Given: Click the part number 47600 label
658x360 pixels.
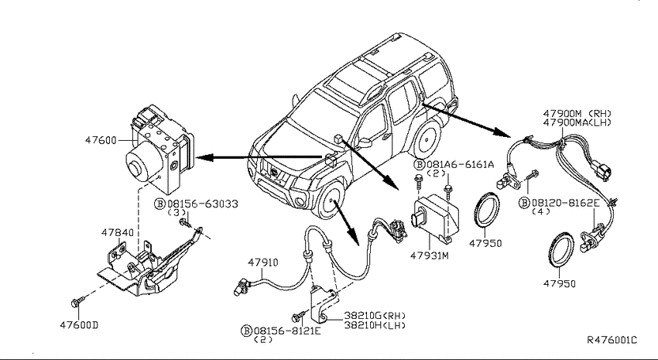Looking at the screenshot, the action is pyautogui.click(x=101, y=139).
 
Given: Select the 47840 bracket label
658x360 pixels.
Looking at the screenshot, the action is pyautogui.click(x=117, y=232).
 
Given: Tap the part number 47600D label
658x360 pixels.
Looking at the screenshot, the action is pyautogui.click(x=79, y=325).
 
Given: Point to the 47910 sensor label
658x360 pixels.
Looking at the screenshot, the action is pyautogui.click(x=262, y=262).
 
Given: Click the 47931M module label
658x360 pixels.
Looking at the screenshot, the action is pyautogui.click(x=430, y=255).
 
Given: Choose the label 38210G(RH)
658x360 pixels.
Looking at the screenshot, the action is pyautogui.click(x=375, y=316).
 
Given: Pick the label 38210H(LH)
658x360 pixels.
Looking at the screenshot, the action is pyautogui.click(x=375, y=324).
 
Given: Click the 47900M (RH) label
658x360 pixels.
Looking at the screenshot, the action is pyautogui.click(x=577, y=113).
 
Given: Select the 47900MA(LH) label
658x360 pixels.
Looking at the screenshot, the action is pyautogui.click(x=577, y=122).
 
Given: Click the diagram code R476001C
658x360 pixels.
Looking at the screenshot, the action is pyautogui.click(x=612, y=340).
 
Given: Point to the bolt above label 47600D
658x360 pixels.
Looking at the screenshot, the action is pyautogui.click(x=77, y=301).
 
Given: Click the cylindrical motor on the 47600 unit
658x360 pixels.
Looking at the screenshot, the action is pyautogui.click(x=142, y=162).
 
